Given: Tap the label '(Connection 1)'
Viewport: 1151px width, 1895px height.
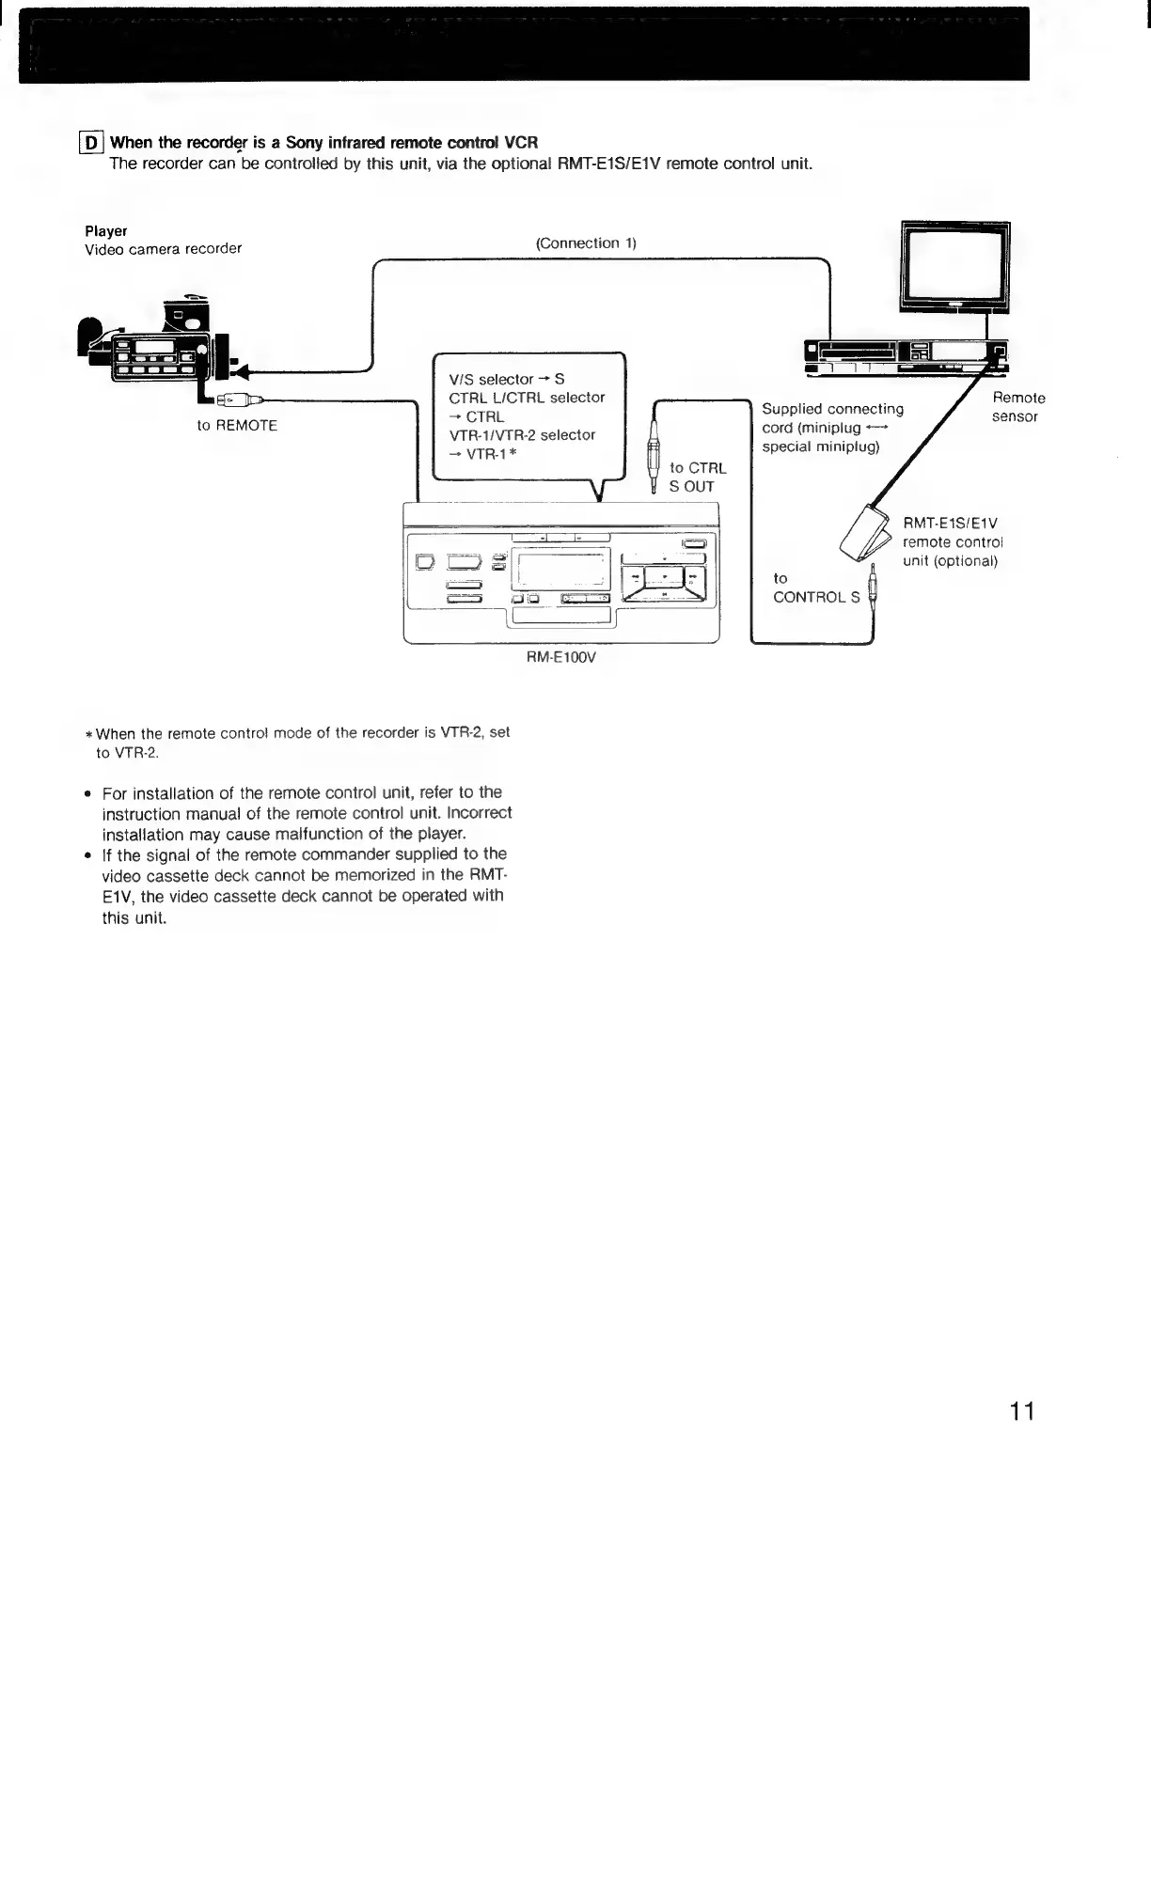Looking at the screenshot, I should [586, 243].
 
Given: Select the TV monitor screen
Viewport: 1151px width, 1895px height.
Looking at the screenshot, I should [954, 262].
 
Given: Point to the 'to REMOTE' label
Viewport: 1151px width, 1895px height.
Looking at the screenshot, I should [237, 426].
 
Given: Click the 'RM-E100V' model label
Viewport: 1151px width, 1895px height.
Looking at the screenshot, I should [561, 658].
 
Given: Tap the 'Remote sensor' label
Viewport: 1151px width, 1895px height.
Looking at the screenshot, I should [1017, 407].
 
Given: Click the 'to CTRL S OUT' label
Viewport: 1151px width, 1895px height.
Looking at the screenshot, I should [697, 478].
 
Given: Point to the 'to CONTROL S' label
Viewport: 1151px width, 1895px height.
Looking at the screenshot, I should [814, 588].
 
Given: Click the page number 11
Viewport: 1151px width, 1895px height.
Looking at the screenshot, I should [1022, 1411].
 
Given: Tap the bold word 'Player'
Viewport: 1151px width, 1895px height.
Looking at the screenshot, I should [106, 231].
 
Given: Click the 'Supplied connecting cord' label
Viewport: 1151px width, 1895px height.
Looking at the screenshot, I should [832, 409].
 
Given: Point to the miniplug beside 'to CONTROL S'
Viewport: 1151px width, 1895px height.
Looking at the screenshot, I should [875, 588].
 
